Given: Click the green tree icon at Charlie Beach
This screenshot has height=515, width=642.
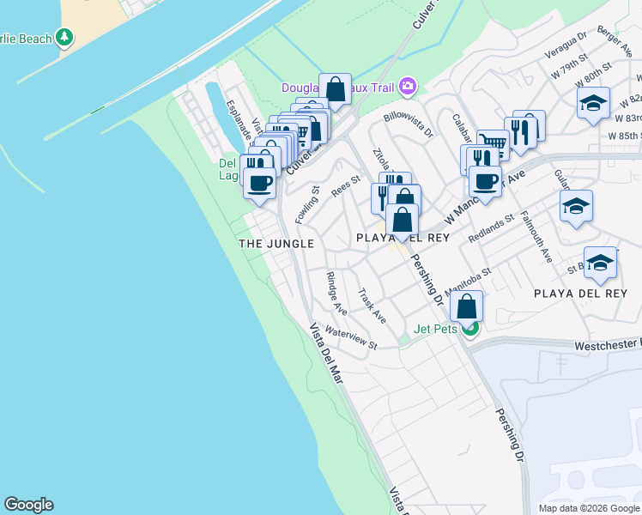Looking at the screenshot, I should [x=64, y=37].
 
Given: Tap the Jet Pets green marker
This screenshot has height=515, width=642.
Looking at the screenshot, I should [x=469, y=328].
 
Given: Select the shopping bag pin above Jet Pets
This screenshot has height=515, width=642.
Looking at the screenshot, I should [x=466, y=306].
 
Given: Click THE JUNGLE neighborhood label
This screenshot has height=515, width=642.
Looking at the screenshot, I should [x=276, y=244].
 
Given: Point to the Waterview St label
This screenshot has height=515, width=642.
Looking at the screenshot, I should [x=352, y=337].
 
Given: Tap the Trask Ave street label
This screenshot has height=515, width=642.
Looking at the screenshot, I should [x=372, y=305].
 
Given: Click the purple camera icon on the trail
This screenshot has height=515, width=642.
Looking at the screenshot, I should [x=407, y=86].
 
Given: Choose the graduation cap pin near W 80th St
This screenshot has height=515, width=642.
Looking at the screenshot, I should [x=592, y=104].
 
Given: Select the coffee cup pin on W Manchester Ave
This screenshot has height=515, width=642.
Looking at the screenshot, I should [x=485, y=182].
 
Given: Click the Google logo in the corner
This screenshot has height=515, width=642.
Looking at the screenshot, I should [x=28, y=505].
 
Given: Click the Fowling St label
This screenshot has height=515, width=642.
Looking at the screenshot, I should [x=307, y=205].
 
